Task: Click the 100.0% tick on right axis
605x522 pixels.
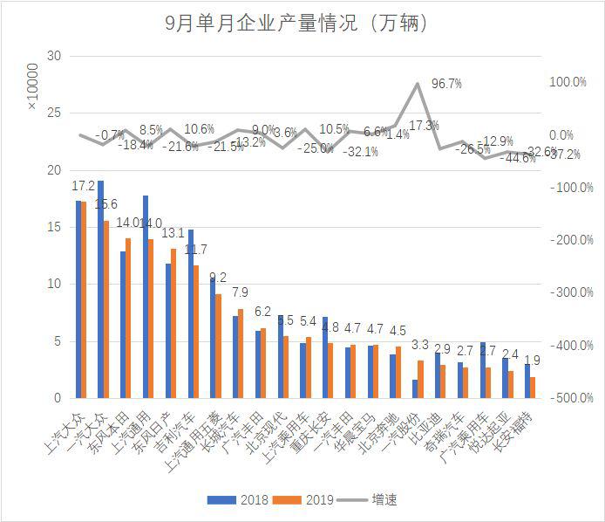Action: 567,82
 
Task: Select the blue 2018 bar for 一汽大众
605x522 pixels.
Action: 101,289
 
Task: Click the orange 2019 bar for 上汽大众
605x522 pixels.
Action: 84,299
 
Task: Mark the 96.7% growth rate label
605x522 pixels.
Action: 446,84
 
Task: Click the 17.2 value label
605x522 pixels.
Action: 83,186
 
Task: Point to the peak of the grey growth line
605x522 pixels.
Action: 418,84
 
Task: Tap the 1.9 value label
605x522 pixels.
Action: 532,360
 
